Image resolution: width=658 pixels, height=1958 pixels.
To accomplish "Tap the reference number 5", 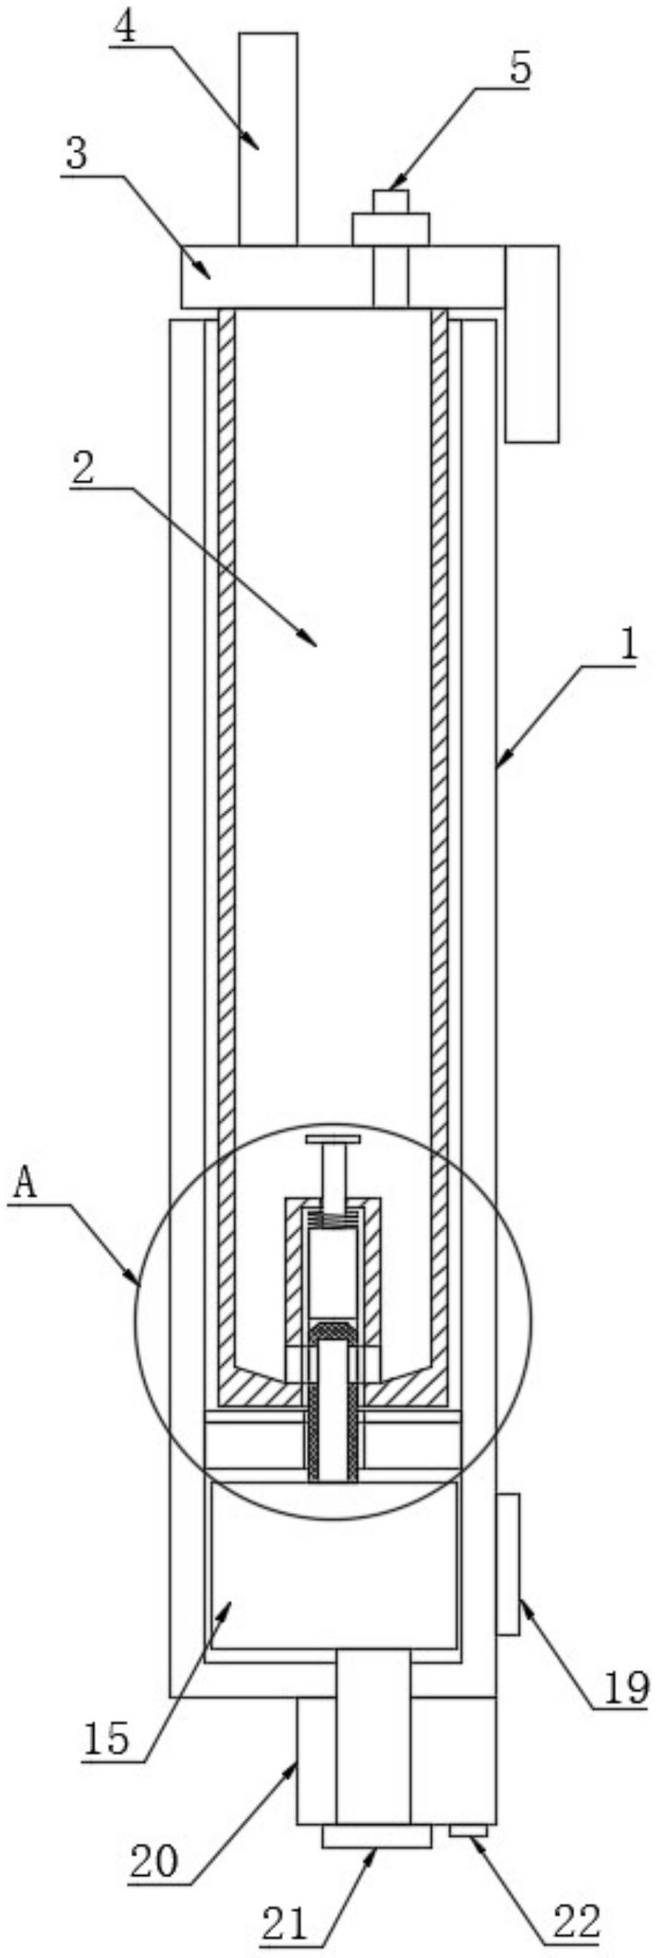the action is point(520,70).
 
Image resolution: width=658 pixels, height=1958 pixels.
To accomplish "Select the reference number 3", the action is point(76,156).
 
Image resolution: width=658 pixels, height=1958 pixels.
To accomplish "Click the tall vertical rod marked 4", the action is point(268,137).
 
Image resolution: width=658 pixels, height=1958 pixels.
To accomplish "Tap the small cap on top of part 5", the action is point(391,200).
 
